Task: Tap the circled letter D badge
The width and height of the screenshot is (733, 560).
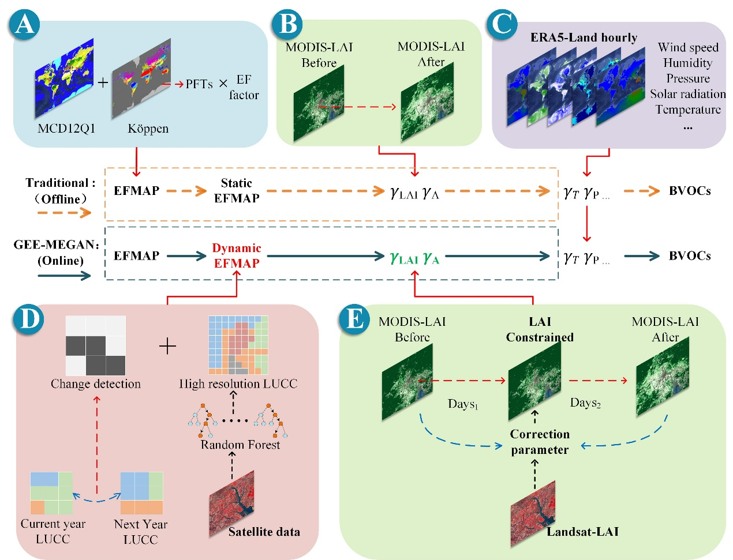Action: tap(28, 319)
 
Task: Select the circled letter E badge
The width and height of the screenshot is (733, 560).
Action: tap(354, 319)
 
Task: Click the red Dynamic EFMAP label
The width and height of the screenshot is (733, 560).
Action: tap(237, 255)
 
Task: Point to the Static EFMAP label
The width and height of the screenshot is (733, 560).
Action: tap(237, 190)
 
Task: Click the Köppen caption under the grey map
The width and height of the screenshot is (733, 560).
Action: tap(148, 129)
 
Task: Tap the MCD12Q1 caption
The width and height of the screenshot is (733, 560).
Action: tap(66, 129)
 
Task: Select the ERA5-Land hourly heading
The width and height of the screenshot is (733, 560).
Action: tap(584, 37)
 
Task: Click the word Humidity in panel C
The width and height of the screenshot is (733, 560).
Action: tap(687, 63)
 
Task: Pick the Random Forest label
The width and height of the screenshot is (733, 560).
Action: tap(240, 445)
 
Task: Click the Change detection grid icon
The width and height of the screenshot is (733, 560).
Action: tap(96, 345)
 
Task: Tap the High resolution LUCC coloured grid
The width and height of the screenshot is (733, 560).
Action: tap(238, 345)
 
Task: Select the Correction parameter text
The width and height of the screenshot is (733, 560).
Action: tap(540, 442)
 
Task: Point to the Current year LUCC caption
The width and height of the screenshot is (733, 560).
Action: tap(53, 531)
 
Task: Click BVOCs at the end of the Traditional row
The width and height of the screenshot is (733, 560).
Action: tap(690, 191)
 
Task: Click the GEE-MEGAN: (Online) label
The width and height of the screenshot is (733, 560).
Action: tap(57, 253)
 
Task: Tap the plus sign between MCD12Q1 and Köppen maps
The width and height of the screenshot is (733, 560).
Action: tap(103, 82)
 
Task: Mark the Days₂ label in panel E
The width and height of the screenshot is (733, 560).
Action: tap(585, 403)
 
